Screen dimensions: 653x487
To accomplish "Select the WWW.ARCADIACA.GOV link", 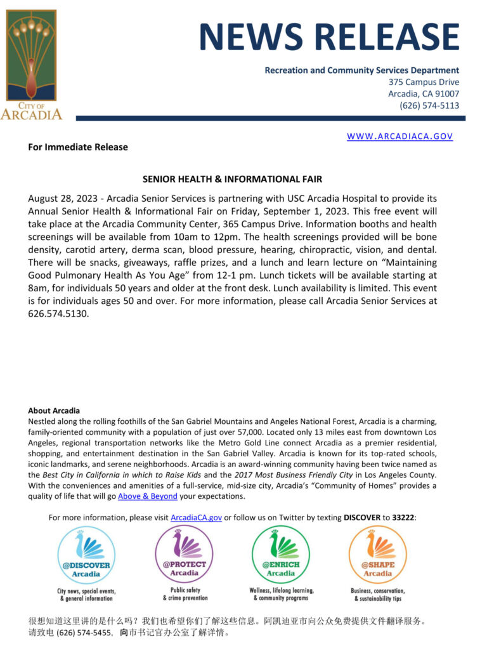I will tap(399, 136).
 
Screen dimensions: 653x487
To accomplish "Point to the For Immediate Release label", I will tap(78, 147).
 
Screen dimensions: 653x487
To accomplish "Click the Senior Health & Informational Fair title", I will tap(232, 180).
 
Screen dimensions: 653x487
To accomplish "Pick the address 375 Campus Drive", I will tap(424, 82).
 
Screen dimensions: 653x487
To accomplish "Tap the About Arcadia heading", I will tap(54, 411).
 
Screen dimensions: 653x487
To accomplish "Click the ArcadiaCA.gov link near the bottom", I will tap(196, 517).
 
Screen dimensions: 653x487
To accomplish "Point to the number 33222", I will tap(403, 517).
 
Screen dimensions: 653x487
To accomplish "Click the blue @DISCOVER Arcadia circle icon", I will tap(86, 555).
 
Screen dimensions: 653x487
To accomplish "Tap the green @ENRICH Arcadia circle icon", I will tap(281, 555).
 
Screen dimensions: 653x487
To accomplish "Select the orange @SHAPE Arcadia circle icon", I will tap(377, 555).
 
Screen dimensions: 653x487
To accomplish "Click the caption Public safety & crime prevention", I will tap(185, 594).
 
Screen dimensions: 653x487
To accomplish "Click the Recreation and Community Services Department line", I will tap(361, 70).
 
